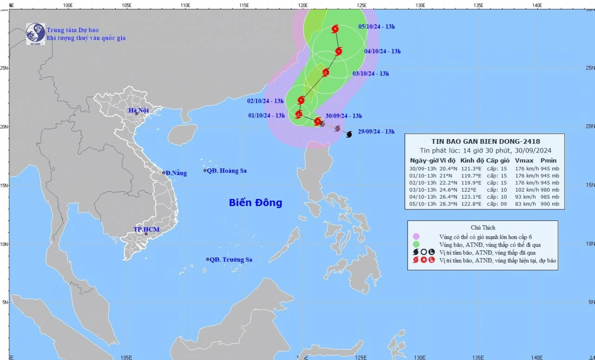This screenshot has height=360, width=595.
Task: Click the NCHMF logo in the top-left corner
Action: click(x=35, y=34)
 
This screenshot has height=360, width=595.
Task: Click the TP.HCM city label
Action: click(x=146, y=229)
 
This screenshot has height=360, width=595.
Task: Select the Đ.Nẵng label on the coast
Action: click(x=176, y=173)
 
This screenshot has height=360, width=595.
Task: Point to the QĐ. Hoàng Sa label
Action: click(x=226, y=171)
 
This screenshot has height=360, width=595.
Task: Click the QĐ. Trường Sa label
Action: click(x=231, y=260)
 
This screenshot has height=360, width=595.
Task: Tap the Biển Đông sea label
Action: click(x=255, y=203)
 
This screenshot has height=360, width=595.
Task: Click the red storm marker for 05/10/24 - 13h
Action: click(x=335, y=29)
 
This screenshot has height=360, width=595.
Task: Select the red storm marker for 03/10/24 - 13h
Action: click(x=325, y=72)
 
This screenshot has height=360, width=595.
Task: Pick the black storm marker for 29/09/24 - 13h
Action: click(x=349, y=134)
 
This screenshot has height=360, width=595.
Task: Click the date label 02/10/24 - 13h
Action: click(x=265, y=101)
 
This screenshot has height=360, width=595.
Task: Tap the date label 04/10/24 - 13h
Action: click(x=383, y=51)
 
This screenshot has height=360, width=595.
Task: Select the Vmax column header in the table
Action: click(x=523, y=160)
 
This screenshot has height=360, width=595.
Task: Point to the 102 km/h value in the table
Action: click(x=523, y=190)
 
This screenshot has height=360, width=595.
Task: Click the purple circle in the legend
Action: click(x=416, y=237)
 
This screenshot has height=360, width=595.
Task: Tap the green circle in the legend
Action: click(x=416, y=245)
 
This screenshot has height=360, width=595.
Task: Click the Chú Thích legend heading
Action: click(x=483, y=227)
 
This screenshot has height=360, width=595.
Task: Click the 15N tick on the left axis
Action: click(x=4, y=185)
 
